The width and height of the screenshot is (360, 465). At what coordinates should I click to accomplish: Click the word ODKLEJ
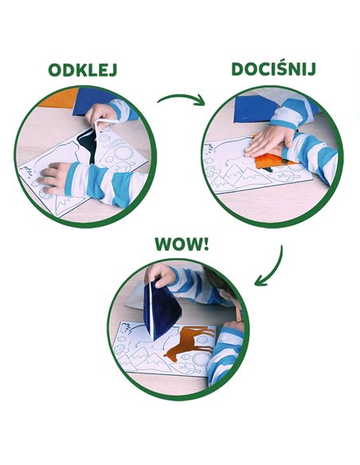(83, 70)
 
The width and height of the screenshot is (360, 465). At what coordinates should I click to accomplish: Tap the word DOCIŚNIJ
(273, 69)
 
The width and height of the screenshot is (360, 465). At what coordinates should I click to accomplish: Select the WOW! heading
(182, 244)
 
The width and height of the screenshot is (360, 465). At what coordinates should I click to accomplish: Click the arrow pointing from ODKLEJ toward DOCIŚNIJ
(182, 99)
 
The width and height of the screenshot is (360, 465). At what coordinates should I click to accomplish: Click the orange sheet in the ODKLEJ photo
(59, 99)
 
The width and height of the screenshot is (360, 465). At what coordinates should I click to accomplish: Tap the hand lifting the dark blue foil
(160, 275)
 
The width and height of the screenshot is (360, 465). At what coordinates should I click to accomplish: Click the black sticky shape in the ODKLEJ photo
(86, 144)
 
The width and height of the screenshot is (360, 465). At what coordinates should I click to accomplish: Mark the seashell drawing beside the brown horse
(202, 339)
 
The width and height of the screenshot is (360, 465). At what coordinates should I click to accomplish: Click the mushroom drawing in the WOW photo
(120, 349)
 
